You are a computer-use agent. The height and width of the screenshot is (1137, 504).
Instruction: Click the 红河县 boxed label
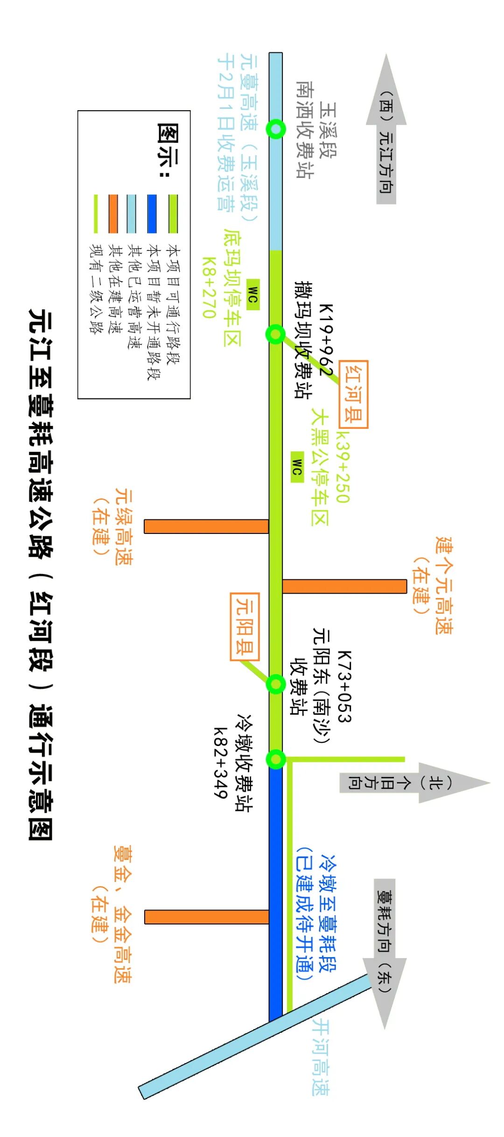tap(353, 394)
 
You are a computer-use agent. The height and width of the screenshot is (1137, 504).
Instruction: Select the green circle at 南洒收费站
tap(276, 128)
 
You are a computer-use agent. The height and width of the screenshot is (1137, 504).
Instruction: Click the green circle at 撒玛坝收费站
tap(275, 334)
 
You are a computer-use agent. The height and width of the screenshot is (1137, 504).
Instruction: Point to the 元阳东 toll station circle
tap(275, 684)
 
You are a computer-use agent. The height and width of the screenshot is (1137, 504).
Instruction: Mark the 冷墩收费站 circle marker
tap(275, 759)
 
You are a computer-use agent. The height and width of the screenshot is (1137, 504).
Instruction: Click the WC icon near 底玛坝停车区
tap(252, 294)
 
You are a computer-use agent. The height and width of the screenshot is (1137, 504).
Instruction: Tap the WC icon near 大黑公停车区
tap(297, 467)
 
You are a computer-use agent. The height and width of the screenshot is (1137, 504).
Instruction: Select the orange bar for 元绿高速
tap(206, 526)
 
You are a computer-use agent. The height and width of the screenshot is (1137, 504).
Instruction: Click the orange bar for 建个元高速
tap(344, 586)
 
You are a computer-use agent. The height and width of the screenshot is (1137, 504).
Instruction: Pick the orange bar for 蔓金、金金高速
tap(206, 917)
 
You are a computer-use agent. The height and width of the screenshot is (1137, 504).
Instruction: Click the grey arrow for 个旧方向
tap(411, 783)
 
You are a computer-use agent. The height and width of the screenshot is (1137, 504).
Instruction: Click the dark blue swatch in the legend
tap(152, 213)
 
